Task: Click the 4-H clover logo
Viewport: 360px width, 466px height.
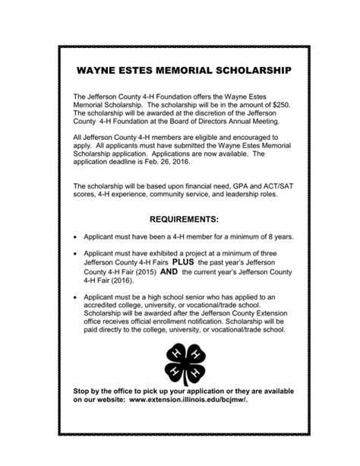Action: (x=180, y=363)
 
